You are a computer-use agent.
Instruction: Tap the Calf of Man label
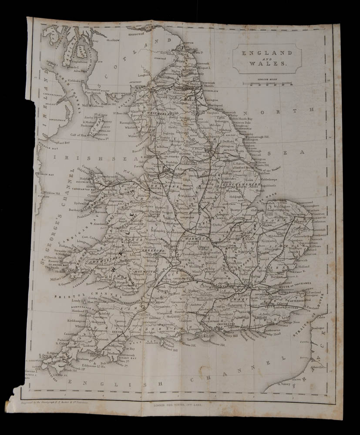pyautogui.click(x=78, y=134)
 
